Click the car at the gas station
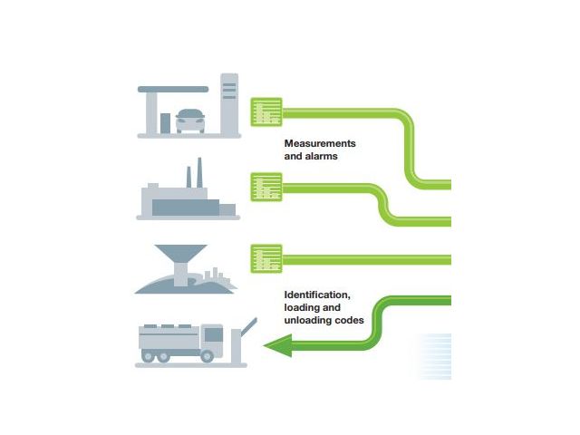click(189, 120)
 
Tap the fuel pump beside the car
click(166, 121)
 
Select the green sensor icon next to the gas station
click(266, 112)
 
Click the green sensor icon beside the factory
click(266, 188)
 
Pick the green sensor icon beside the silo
click(266, 257)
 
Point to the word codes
click(351, 320)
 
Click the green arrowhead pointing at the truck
click(277, 344)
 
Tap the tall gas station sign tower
click(229, 103)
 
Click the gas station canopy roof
click(173, 89)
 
